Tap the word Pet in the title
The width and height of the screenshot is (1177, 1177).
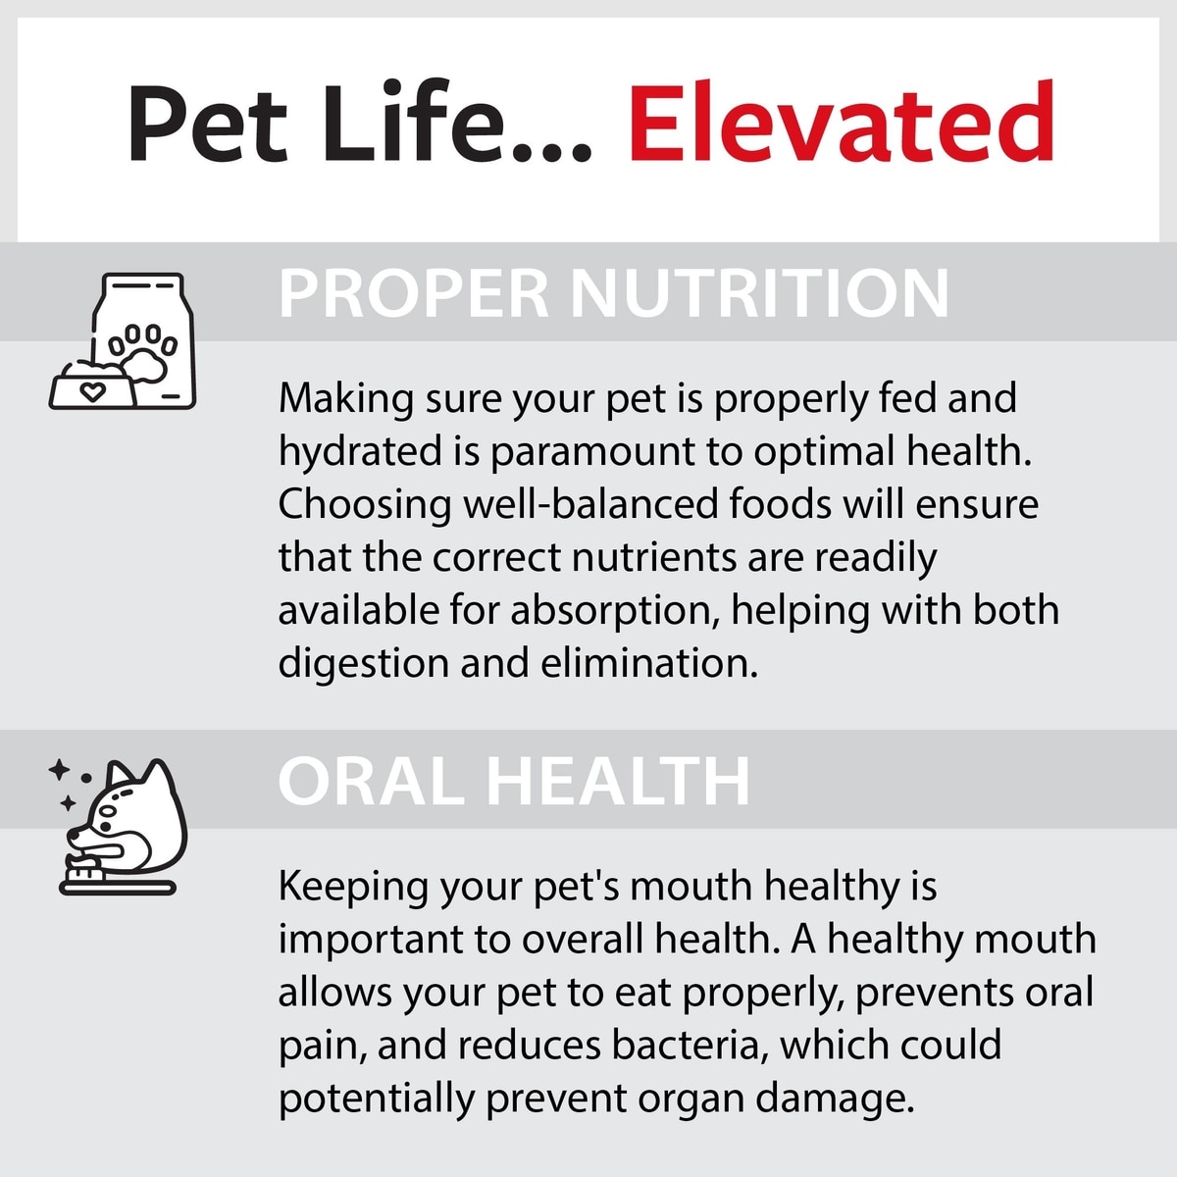207,124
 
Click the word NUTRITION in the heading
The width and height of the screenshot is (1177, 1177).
759,294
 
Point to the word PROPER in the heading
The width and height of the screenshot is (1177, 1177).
414,294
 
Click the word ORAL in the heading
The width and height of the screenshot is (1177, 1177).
372,781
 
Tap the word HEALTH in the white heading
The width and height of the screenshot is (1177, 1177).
618,781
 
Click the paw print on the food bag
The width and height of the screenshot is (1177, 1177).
143,354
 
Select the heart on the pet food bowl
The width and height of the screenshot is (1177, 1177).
93,391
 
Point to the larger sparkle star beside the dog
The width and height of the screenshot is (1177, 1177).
59,770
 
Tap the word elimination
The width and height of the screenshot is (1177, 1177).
649,663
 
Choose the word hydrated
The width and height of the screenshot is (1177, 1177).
360,452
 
